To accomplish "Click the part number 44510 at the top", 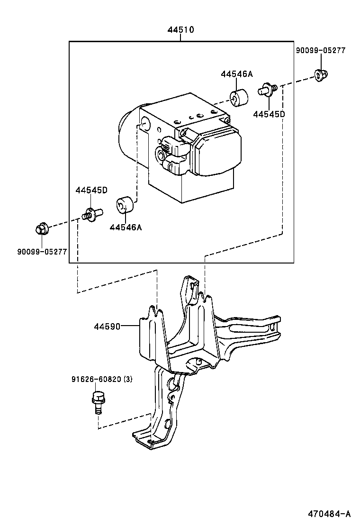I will (x=180, y=30).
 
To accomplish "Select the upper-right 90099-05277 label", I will (x=321, y=50).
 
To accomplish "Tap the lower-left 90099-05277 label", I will (x=42, y=252).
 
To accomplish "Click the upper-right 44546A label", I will (x=236, y=74).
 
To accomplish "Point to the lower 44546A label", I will (x=126, y=227).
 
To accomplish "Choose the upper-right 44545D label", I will (x=269, y=114).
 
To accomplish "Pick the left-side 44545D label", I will (x=91, y=190).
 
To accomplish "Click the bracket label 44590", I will (x=108, y=327).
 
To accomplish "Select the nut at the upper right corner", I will (x=321, y=74).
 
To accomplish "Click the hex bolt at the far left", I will (x=41, y=229).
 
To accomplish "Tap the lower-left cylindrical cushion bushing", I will (x=125, y=205).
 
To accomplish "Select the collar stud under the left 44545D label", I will (x=91, y=214).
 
